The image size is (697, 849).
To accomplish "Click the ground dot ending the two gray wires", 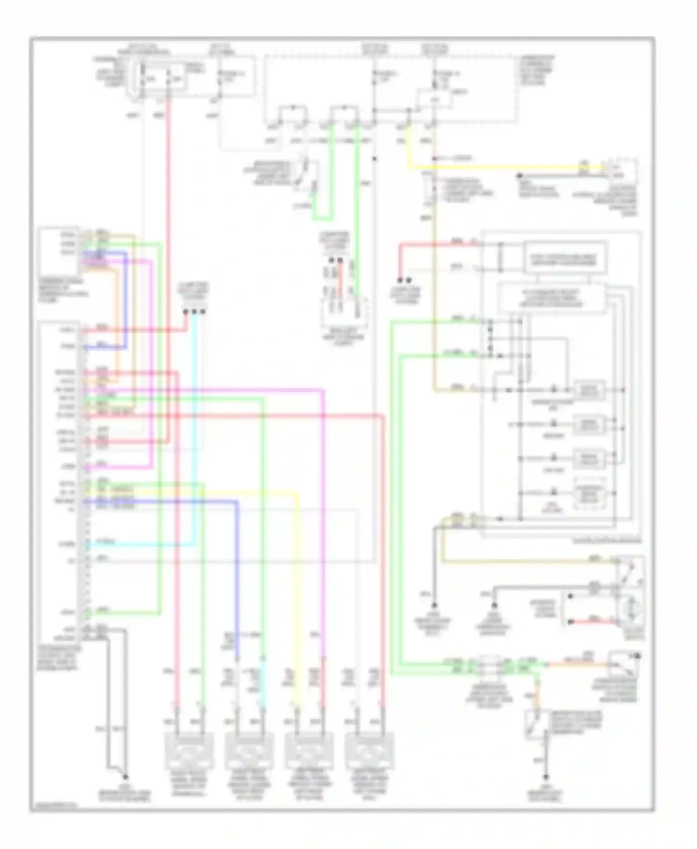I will pyautogui.click(x=125, y=777).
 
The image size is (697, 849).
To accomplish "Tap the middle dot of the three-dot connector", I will pyautogui.click(x=194, y=312).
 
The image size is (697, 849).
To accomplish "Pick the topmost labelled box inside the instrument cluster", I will pyautogui.click(x=565, y=256).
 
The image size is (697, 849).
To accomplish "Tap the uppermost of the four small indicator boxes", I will pyautogui.click(x=589, y=390).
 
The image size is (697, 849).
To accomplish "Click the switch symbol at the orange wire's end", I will pyautogui.click(x=623, y=665).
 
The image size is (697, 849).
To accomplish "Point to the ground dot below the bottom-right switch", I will pyautogui.click(x=546, y=777).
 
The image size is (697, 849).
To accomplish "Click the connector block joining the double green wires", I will pyautogui.click(x=487, y=666).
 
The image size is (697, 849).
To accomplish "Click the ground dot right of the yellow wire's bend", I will pyautogui.click(x=520, y=176).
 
